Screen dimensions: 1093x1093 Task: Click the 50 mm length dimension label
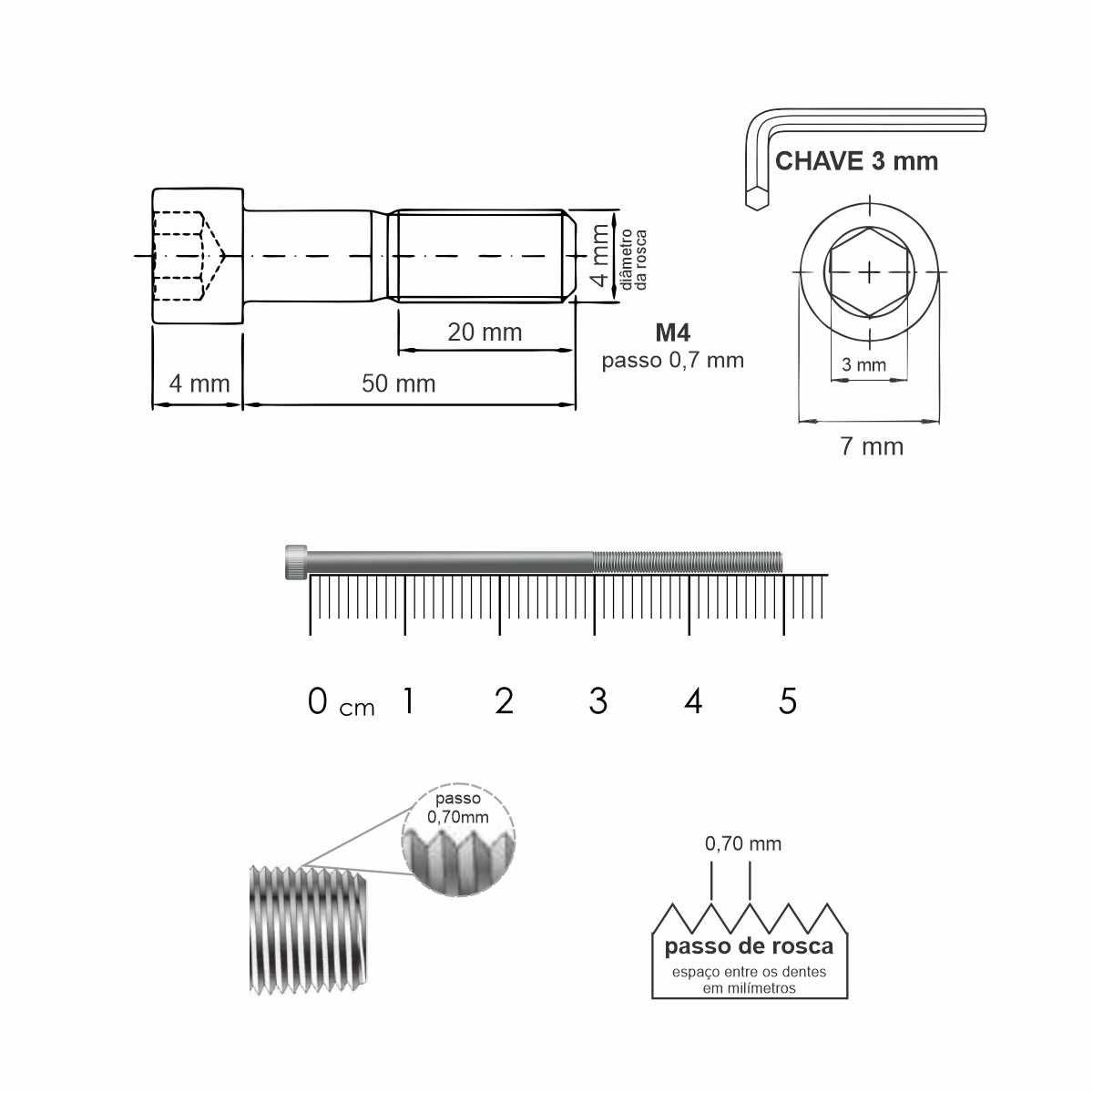pos(398,384)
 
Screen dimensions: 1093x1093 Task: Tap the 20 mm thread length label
pos(485,332)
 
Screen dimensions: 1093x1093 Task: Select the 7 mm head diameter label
pos(872,447)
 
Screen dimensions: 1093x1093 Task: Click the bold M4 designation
pos(673,333)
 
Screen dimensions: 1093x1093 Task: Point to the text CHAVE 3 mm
pos(856,161)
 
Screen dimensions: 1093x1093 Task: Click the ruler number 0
pos(318,701)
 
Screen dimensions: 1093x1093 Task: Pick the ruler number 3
pos(598,701)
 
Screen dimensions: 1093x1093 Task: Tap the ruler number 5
pos(788,701)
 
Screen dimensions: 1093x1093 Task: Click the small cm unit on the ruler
pos(357,708)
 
